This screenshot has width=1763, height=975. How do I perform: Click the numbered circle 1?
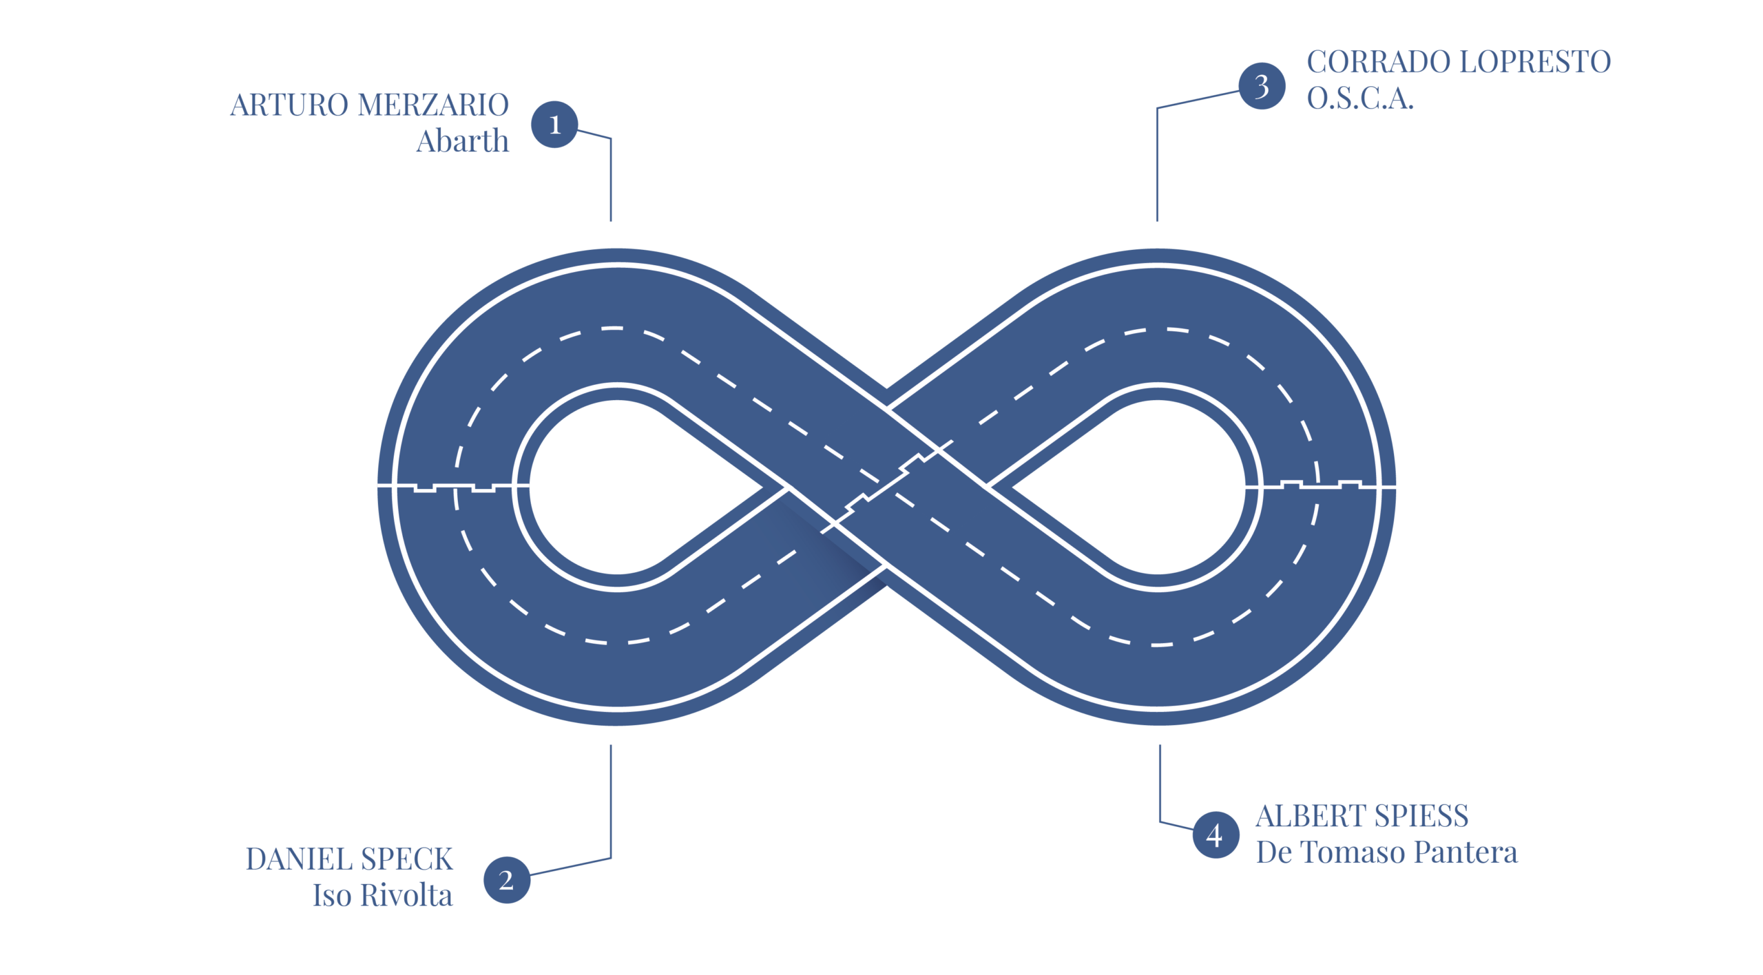tap(554, 125)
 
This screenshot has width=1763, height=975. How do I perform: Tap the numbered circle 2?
tap(506, 880)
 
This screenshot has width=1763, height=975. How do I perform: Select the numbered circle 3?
tap(1261, 86)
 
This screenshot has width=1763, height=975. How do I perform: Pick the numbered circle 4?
tap(1215, 835)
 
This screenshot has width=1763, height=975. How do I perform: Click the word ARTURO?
tap(289, 105)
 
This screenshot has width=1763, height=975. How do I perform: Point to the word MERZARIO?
tap(433, 105)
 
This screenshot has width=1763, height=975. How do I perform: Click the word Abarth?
tap(463, 140)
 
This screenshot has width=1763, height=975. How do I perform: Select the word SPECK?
tap(407, 859)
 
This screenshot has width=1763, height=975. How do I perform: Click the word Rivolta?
tap(406, 895)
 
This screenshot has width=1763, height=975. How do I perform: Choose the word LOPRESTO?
tap(1535, 62)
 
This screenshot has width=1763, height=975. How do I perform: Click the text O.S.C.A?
tap(1360, 98)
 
